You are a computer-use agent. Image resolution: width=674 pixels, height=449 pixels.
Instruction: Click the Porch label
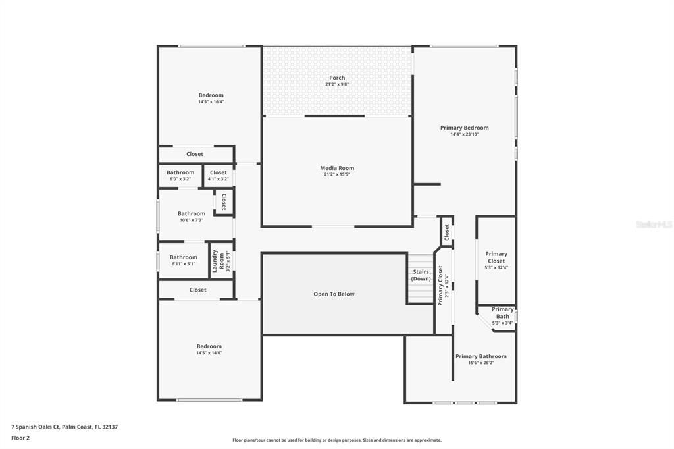click(x=337, y=78)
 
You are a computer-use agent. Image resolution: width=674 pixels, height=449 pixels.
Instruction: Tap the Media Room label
click(x=337, y=168)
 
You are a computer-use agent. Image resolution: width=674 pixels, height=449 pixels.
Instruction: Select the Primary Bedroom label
click(x=464, y=128)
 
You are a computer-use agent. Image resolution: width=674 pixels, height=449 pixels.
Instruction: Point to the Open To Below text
click(x=334, y=294)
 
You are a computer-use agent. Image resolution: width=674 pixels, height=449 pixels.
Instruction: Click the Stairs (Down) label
click(x=421, y=275)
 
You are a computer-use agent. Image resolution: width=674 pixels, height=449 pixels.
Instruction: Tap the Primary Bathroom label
click(x=481, y=356)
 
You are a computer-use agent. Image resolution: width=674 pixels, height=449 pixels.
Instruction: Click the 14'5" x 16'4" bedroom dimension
click(x=211, y=102)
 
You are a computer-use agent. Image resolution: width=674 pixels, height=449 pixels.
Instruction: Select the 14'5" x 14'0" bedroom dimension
click(x=209, y=353)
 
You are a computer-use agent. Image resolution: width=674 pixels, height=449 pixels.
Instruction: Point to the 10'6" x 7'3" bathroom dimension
click(x=192, y=220)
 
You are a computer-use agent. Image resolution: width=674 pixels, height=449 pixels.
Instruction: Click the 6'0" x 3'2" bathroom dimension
click(x=180, y=179)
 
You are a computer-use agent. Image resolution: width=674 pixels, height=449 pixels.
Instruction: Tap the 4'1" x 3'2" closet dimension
click(x=218, y=179)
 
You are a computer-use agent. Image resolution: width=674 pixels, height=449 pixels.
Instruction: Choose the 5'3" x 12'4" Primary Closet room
click(x=496, y=260)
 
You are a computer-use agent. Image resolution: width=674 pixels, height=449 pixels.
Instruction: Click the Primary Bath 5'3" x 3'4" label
click(x=503, y=316)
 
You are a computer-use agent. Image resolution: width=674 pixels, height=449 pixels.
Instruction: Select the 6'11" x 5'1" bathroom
click(x=183, y=260)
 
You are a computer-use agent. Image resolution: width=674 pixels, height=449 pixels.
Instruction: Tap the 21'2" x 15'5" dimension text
click(x=337, y=174)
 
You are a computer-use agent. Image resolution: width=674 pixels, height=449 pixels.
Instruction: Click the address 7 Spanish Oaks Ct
click(x=65, y=427)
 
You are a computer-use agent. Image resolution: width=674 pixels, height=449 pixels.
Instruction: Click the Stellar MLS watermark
click(x=654, y=224)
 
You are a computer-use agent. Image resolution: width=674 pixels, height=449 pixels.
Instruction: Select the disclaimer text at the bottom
click(x=336, y=440)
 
